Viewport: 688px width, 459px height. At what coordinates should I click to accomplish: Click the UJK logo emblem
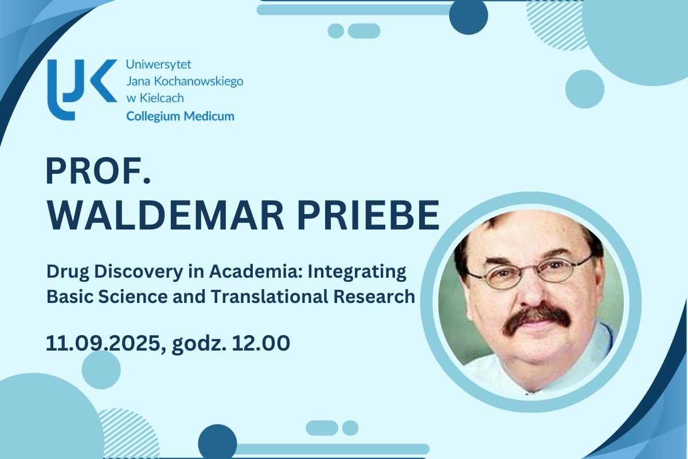click(x=80, y=89)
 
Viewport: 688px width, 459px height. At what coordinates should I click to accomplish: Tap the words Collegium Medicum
click(x=180, y=116)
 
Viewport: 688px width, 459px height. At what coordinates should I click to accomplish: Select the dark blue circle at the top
click(x=468, y=16)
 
